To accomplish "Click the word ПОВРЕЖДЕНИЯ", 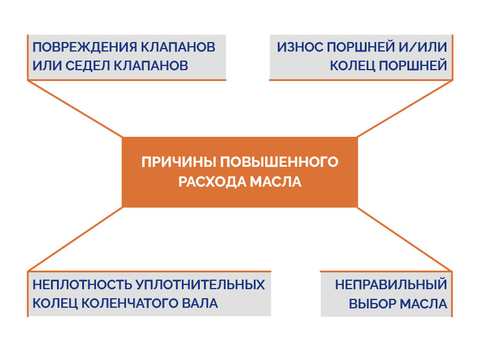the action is pos(84,47).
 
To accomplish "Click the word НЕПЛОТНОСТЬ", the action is pos(82,284).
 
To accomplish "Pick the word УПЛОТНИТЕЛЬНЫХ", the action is pos(200,284).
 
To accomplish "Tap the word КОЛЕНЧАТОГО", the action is pos(130,304).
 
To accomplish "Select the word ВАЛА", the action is pos(200,304).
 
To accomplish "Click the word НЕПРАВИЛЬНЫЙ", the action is pos(391,284).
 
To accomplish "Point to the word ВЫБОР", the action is pos(372,304).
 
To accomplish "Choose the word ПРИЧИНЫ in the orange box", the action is pos(179,162).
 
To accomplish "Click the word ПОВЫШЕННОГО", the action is pos(279,162).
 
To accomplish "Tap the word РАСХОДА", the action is pos(212,182).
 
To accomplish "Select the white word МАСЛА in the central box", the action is pos(276,182).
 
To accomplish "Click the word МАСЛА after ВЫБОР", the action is pos(424,304).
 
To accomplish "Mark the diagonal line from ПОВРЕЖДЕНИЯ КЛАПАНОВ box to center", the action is pos(76,109).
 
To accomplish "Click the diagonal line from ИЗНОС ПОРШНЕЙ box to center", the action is pos(404,109).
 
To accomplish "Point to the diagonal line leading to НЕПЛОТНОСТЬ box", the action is pos(76,239).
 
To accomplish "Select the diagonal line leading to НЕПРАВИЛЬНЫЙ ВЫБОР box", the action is pos(404,239).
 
